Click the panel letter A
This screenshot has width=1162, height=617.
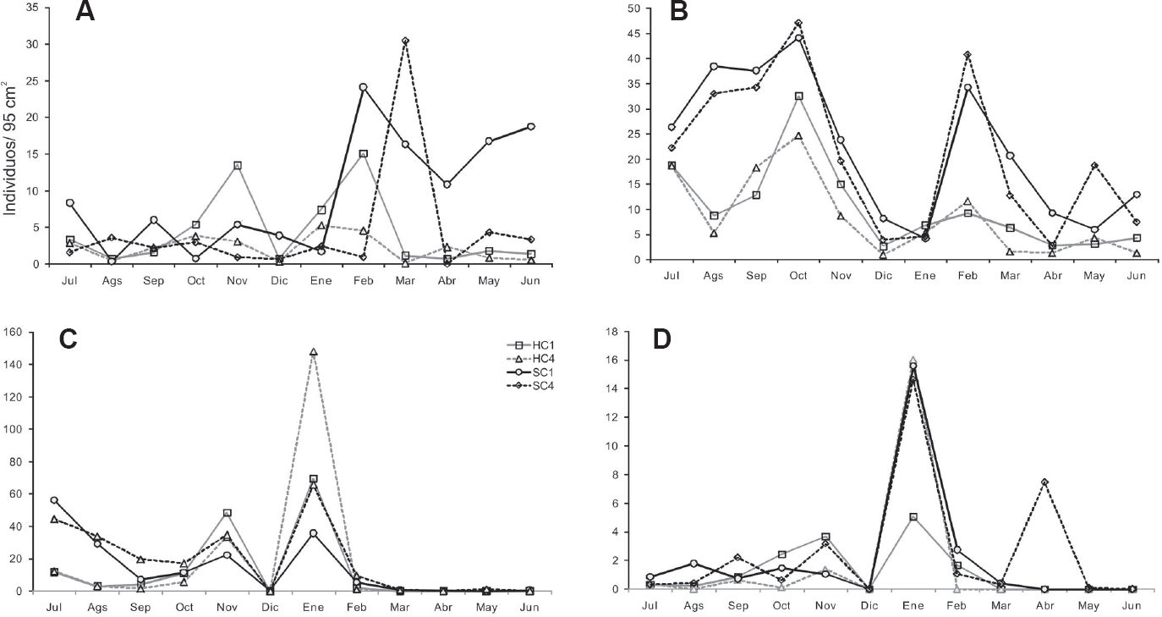click(x=85, y=12)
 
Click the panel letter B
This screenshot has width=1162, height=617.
click(x=679, y=12)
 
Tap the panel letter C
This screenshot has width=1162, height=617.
click(x=68, y=339)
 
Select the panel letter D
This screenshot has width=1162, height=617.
click(x=662, y=339)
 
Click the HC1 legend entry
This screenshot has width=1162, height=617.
click(x=530, y=345)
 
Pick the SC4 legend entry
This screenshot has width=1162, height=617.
click(x=530, y=386)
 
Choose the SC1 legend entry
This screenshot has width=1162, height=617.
click(x=530, y=372)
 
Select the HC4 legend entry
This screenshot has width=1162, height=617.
click(x=530, y=359)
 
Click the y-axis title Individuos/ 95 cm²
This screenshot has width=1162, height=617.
click(x=10, y=148)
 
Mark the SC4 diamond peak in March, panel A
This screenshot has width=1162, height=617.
click(x=405, y=41)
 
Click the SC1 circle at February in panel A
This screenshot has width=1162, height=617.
click(x=363, y=86)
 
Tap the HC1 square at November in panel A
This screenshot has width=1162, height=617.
click(x=237, y=165)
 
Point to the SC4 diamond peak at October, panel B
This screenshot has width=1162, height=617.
click(x=798, y=23)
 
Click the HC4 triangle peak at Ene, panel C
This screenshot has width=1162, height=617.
click(x=313, y=351)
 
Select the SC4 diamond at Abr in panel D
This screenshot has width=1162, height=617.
click(x=1044, y=482)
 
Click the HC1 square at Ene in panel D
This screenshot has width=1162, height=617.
click(x=913, y=517)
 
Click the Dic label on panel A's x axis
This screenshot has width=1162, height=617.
click(x=279, y=281)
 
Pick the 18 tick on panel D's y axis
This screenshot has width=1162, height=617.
click(x=613, y=332)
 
